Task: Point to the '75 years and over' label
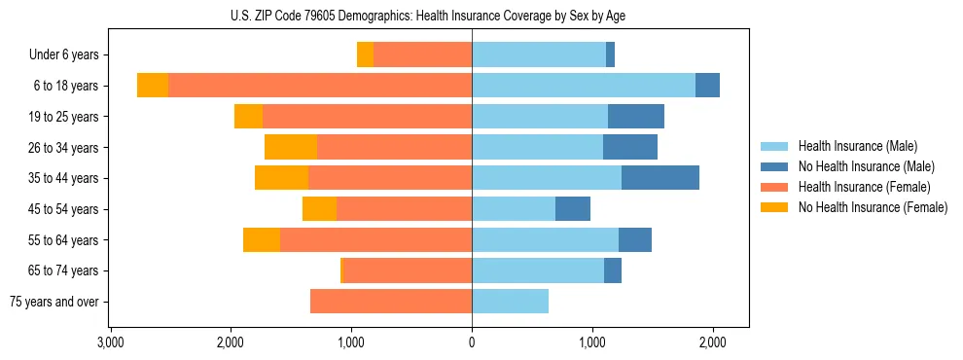pyautogui.click(x=54, y=302)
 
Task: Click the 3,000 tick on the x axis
pyautogui.click(x=110, y=342)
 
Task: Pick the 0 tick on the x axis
pyautogui.click(x=472, y=342)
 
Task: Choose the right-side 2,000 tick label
pyautogui.click(x=712, y=342)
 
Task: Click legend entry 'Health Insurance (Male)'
pyautogui.click(x=858, y=146)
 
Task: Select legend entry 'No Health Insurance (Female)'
pyautogui.click(x=873, y=207)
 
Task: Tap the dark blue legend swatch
pyautogui.click(x=774, y=166)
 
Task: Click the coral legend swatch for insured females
pyautogui.click(x=774, y=187)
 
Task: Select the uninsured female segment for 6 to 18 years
pyautogui.click(x=153, y=86)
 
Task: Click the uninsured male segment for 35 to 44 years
pyautogui.click(x=660, y=178)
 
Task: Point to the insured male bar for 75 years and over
pyautogui.click(x=510, y=302)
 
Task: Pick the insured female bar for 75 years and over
pyautogui.click(x=391, y=302)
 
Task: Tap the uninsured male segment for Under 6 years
pyautogui.click(x=610, y=55)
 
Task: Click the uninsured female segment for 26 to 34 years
pyautogui.click(x=291, y=147)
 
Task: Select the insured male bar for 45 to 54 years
pyautogui.click(x=514, y=209)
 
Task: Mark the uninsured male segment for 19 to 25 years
pyautogui.click(x=636, y=117)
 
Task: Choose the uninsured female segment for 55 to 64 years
pyautogui.click(x=262, y=240)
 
